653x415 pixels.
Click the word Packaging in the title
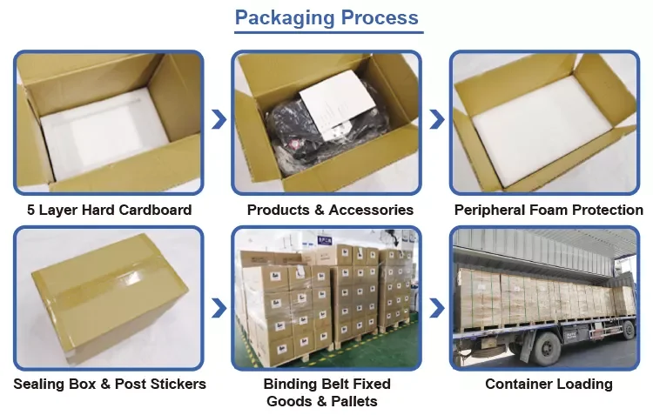click(x=285, y=18)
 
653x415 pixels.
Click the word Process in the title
click(x=380, y=17)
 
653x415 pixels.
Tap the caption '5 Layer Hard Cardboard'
click(x=109, y=210)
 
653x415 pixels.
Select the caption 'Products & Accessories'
click(x=330, y=210)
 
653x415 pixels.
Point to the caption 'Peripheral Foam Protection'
click(x=549, y=210)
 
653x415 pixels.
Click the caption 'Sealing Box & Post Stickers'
click(x=110, y=384)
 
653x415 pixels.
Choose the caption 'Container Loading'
click(x=549, y=384)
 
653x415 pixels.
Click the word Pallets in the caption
click(x=354, y=401)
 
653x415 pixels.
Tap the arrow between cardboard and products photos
click(x=219, y=120)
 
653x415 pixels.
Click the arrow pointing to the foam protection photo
click(x=437, y=120)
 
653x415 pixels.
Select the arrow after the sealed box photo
click(x=219, y=308)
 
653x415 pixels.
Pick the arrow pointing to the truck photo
click(x=437, y=308)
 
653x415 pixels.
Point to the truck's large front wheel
click(x=547, y=349)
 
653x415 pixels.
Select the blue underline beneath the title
click(x=328, y=32)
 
